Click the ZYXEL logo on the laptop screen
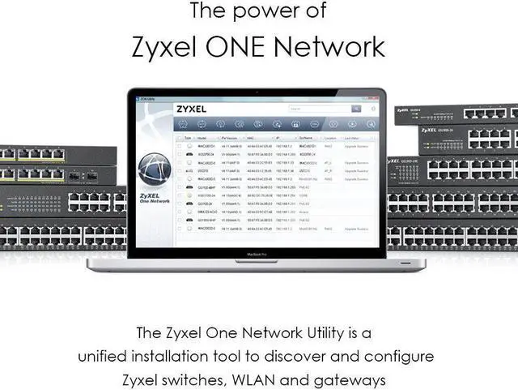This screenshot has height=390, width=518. pos(191,109)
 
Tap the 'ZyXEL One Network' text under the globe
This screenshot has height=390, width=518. pos(155,197)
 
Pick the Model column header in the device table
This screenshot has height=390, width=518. pos(202,138)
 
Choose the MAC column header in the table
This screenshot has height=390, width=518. pos(250,138)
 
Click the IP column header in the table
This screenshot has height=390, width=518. pos(278,138)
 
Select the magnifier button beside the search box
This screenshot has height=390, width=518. pos(356,109)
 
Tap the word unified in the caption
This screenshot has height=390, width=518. pos(101,356)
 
